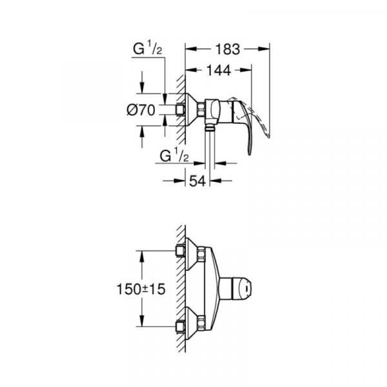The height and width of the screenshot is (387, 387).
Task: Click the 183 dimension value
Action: [x=228, y=49]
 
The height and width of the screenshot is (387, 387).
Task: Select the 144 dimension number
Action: [x=219, y=70]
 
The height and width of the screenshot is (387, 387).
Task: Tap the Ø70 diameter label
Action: [x=141, y=110]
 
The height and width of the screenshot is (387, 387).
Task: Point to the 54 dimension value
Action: [x=197, y=181]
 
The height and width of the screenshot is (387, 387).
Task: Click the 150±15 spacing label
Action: [x=141, y=289]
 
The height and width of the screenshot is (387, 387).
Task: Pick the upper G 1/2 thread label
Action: [x=147, y=48]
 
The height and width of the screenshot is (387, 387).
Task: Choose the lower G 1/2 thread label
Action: [x=174, y=155]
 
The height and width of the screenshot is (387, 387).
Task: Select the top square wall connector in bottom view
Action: [x=181, y=251]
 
